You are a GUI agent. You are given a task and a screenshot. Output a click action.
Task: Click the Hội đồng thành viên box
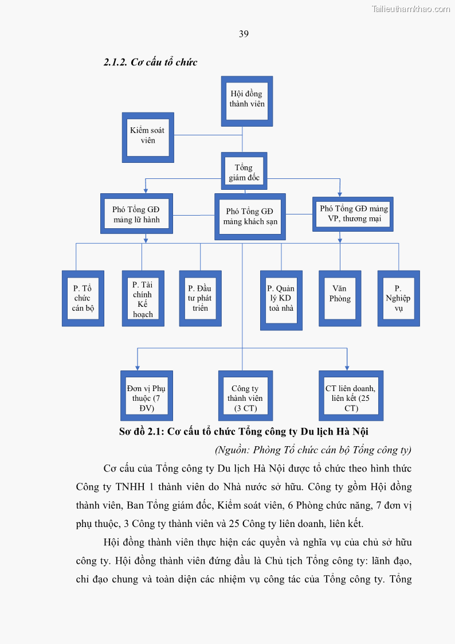coord(246,101)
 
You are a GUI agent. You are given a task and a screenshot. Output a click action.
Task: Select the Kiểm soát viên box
coord(148,137)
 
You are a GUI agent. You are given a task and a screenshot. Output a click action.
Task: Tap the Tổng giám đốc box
coord(244,171)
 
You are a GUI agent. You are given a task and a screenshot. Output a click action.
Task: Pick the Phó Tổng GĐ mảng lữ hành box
coord(136,213)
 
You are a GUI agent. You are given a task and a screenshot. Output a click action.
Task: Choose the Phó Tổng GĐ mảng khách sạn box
coord(250,216)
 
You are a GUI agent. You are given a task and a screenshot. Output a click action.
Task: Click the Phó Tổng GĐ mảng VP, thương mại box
coord(353,214)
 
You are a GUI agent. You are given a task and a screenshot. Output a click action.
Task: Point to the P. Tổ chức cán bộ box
coord(83,298)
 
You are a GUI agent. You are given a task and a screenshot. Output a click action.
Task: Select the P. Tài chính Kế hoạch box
coord(143,298)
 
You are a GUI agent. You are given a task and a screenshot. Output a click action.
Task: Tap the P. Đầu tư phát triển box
coord(200,298)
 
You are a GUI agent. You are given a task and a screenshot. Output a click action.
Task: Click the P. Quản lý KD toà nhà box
coord(281,300)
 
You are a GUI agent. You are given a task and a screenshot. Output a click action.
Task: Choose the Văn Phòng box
coord(340,298)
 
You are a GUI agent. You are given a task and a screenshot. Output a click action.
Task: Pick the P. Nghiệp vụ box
coord(398,298)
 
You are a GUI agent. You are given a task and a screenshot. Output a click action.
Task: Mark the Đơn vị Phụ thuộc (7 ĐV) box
coord(146,396)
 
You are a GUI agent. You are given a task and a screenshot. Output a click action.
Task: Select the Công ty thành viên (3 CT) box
coord(245,396)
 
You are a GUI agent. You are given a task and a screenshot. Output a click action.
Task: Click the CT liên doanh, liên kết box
coord(351,396)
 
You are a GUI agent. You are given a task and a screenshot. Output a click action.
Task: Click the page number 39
coord(244,34)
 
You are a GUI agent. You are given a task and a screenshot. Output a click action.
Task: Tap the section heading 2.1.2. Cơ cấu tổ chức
coord(150,62)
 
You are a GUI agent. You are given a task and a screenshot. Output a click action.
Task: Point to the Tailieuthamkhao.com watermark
coord(410,9)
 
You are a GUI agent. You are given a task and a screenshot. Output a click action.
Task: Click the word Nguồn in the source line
coord(233,450)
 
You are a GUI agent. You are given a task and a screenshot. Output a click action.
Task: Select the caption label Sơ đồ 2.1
coord(140,432)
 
